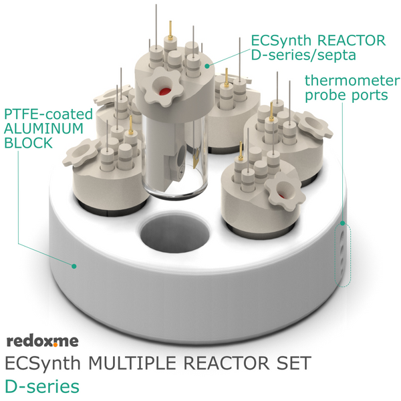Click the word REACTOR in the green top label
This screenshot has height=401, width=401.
tap(351, 40)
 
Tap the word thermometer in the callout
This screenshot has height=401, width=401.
tap(352, 81)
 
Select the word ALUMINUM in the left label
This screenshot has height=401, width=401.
tap(43, 128)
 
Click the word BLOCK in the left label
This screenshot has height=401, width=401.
tap(28, 143)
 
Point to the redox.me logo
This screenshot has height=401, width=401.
tap(42, 341)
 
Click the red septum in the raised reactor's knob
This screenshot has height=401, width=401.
tap(164, 92)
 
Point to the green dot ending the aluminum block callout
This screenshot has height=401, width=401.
tap(74, 266)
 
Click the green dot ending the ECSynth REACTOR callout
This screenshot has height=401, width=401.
tap(207, 66)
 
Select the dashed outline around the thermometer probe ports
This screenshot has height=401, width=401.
tap(343, 255)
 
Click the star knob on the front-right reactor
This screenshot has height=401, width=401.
tap(285, 192)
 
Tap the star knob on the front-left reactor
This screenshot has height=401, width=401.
tap(81, 152)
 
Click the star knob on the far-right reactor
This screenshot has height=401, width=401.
tap(313, 125)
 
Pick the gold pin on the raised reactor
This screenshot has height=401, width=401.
tap(170, 29)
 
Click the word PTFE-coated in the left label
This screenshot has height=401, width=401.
tap(48, 114)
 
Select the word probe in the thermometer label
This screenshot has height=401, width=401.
tap(323, 96)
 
